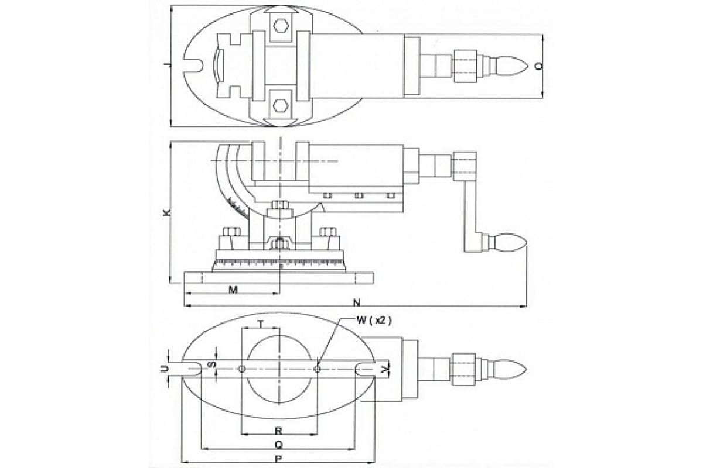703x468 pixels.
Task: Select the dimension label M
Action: (233, 290)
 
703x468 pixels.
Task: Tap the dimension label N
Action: (357, 302)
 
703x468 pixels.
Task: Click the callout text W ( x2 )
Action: (373, 320)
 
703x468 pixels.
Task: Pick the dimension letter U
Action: (166, 369)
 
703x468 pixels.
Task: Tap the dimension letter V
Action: (384, 369)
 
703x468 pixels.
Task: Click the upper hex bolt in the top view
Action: (281, 25)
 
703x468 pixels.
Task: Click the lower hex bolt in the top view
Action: (281, 105)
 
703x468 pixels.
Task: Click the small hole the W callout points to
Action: (317, 369)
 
